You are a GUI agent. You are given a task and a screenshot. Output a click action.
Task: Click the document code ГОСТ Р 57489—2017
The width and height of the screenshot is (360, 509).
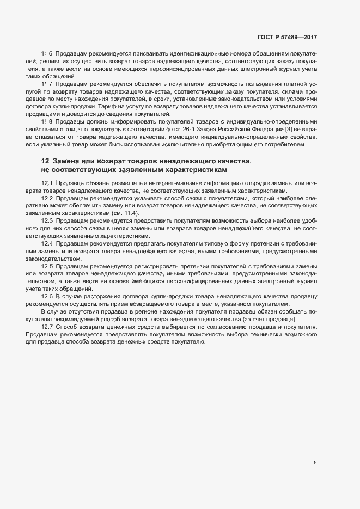pos(287,37)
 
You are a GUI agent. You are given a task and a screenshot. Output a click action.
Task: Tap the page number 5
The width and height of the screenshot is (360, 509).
pos(315,463)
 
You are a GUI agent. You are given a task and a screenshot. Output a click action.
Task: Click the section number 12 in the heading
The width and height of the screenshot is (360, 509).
pos(45,161)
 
